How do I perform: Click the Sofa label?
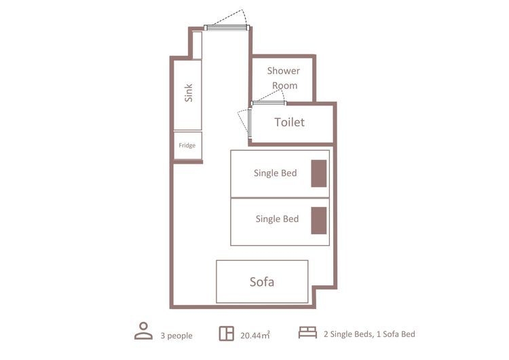pos(262,282)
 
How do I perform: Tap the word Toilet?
pos(289,122)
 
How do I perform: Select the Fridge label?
pos(187,145)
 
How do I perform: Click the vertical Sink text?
pos(188,93)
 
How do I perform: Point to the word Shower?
pos(284,71)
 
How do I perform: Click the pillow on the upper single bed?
pos(319,173)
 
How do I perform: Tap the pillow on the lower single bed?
pos(319,220)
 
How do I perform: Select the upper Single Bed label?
pos(276,173)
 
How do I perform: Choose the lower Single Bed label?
pos(277,219)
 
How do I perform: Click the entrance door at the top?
pos(227,28)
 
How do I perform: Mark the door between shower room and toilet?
pos(269,103)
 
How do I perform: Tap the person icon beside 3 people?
pos(143,331)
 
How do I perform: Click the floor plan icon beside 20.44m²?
pos(226,333)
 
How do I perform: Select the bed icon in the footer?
pos(307,332)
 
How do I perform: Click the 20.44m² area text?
pos(255,335)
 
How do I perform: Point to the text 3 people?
pos(176,336)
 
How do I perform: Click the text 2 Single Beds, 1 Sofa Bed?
pos(369,334)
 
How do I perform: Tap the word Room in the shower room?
pos(284,86)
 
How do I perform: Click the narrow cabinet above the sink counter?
pos(197,45)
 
